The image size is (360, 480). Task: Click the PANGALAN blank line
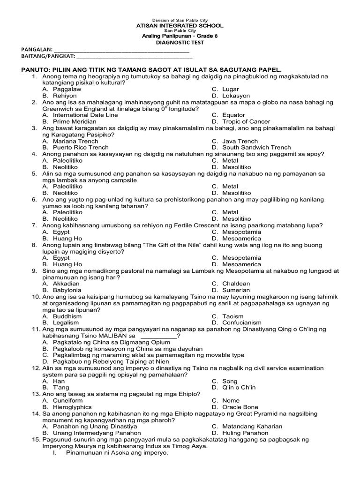click(122, 50)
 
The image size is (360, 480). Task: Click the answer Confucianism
click(242, 322)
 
